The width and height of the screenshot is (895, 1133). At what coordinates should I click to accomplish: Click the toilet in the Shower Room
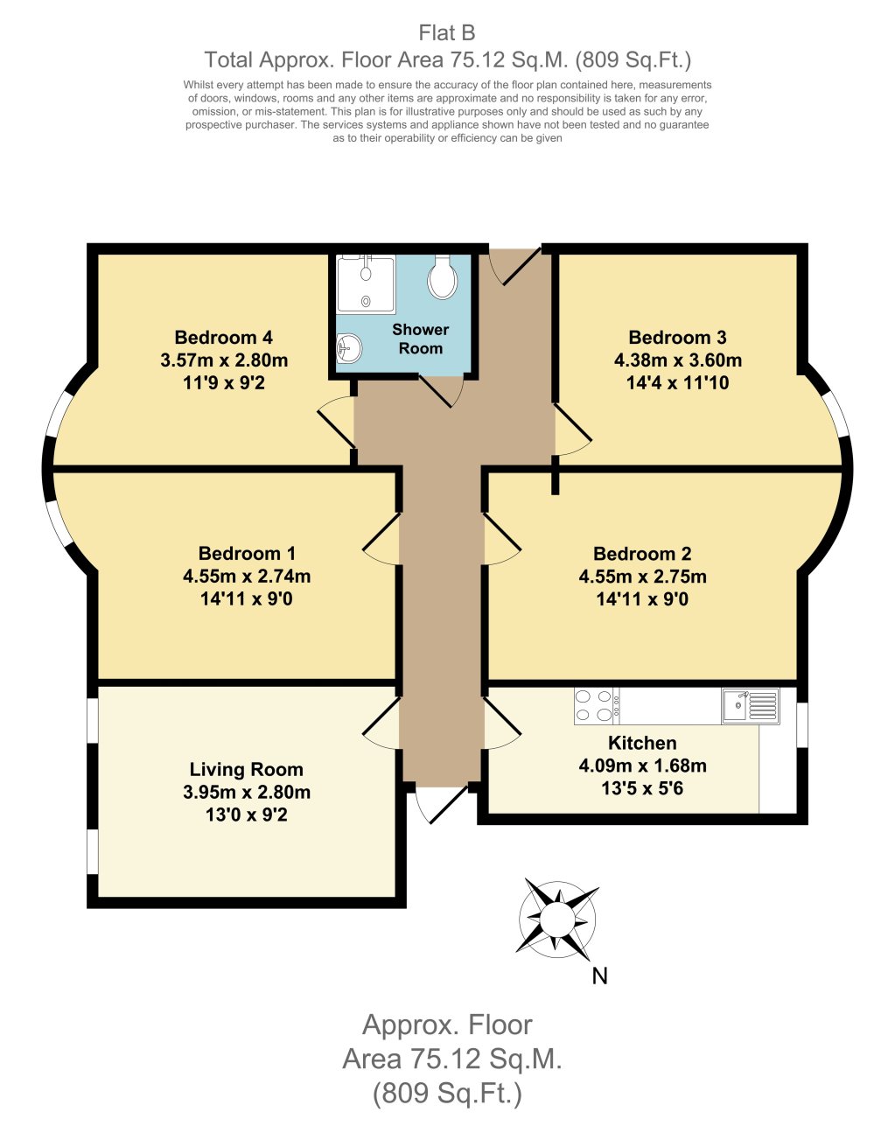(x=443, y=278)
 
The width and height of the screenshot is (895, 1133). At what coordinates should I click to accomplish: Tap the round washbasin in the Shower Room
(x=348, y=350)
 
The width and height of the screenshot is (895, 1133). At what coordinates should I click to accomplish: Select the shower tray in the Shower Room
(x=366, y=283)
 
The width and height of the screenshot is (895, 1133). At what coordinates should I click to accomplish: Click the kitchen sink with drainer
(x=751, y=706)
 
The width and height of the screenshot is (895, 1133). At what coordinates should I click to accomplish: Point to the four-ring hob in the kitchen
(x=595, y=706)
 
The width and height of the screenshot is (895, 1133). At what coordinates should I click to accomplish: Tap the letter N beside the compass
(x=599, y=976)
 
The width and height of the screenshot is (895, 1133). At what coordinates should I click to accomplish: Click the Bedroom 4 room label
(x=223, y=338)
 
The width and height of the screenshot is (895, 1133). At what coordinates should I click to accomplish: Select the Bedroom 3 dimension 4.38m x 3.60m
(x=677, y=360)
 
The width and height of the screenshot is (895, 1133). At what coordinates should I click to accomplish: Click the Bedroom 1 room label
(x=247, y=554)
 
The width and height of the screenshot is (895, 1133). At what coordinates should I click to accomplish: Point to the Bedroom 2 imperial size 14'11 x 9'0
(x=642, y=599)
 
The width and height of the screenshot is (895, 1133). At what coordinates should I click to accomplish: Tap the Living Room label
(x=246, y=770)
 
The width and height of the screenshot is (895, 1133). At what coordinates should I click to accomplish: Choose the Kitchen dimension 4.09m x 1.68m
(x=642, y=766)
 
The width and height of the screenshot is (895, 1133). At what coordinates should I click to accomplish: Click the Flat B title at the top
(x=447, y=33)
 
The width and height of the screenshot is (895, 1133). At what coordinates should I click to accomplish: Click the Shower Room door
(x=440, y=390)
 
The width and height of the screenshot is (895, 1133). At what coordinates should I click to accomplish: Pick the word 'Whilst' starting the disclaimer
(x=200, y=85)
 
